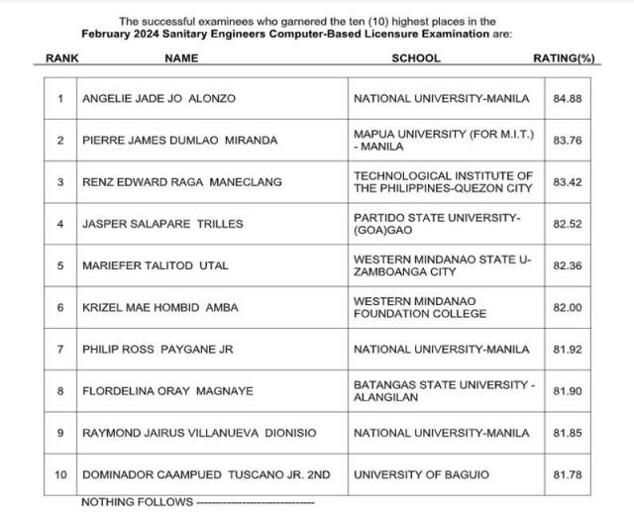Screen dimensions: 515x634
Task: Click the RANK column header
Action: [62, 58]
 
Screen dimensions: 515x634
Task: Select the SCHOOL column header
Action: [416, 58]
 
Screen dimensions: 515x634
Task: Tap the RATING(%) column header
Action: [564, 58]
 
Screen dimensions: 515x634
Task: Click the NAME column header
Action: [181, 58]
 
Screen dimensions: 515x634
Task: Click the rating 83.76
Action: [567, 141]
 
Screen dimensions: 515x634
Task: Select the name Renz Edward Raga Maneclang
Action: [181, 182]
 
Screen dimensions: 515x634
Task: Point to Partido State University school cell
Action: [437, 224]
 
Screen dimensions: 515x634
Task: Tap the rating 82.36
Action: [567, 265]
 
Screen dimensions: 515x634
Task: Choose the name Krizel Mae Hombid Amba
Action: [159, 308]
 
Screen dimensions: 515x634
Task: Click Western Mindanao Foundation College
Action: [420, 307]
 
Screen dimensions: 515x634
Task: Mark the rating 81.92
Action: [567, 350]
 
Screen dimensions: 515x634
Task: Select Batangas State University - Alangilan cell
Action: [443, 390]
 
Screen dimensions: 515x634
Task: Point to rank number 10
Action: [60, 475]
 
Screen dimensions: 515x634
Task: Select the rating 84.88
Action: [567, 99]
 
